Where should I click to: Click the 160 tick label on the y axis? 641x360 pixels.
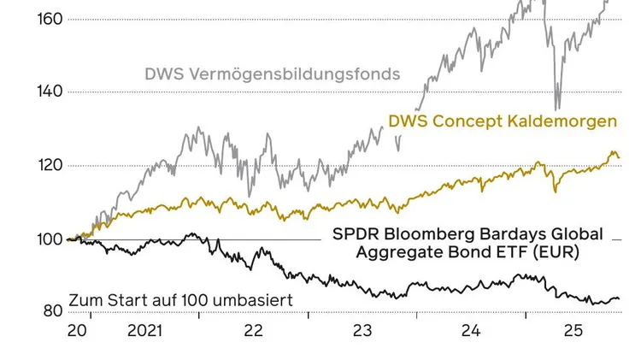point(50,18)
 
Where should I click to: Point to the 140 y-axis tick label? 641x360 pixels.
point(50,91)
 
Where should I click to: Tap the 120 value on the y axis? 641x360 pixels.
point(50,165)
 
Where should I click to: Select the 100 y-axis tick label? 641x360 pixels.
point(50,239)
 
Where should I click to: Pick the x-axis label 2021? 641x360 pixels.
point(144,330)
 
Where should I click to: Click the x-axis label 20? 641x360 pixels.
point(78,330)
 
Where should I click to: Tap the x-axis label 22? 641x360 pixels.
point(253,330)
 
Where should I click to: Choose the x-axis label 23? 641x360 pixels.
point(362,330)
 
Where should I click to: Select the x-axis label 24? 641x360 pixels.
point(471,330)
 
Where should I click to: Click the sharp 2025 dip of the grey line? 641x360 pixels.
point(557,107)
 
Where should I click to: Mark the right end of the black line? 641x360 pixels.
point(619,299)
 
